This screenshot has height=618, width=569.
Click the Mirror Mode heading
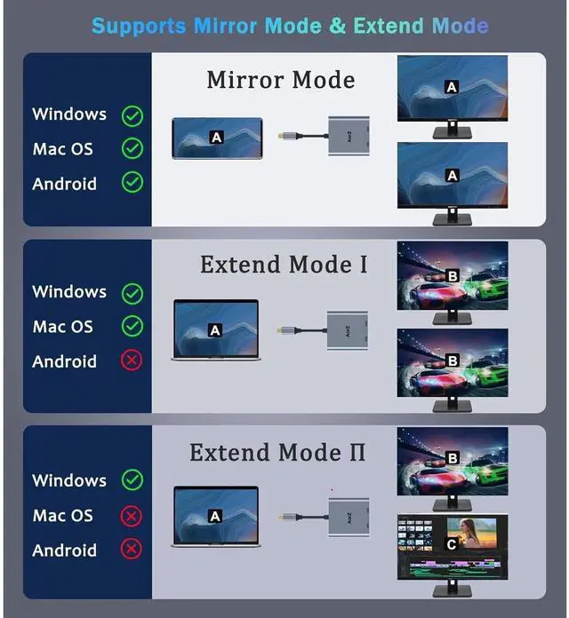click(280, 80)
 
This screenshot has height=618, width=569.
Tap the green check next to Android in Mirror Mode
click(132, 183)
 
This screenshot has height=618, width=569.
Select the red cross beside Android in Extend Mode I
click(132, 360)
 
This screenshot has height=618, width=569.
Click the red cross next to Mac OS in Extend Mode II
click(132, 515)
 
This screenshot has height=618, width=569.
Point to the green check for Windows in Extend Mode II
click(132, 480)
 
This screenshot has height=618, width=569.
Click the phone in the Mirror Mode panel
click(217, 137)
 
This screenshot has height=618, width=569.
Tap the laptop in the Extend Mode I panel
click(216, 329)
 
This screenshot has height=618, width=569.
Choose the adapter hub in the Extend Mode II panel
click(348, 515)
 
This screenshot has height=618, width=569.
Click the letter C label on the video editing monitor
click(452, 544)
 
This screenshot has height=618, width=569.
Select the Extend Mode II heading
click(278, 452)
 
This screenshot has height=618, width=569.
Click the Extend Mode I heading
click(283, 265)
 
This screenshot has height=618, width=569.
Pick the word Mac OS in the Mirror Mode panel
click(62, 149)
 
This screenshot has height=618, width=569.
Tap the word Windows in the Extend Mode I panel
click(68, 291)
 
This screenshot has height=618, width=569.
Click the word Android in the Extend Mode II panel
click(64, 551)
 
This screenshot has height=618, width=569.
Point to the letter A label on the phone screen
click(215, 137)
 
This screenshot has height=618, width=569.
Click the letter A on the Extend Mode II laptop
click(215, 516)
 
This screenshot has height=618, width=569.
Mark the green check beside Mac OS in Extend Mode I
click(132, 326)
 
